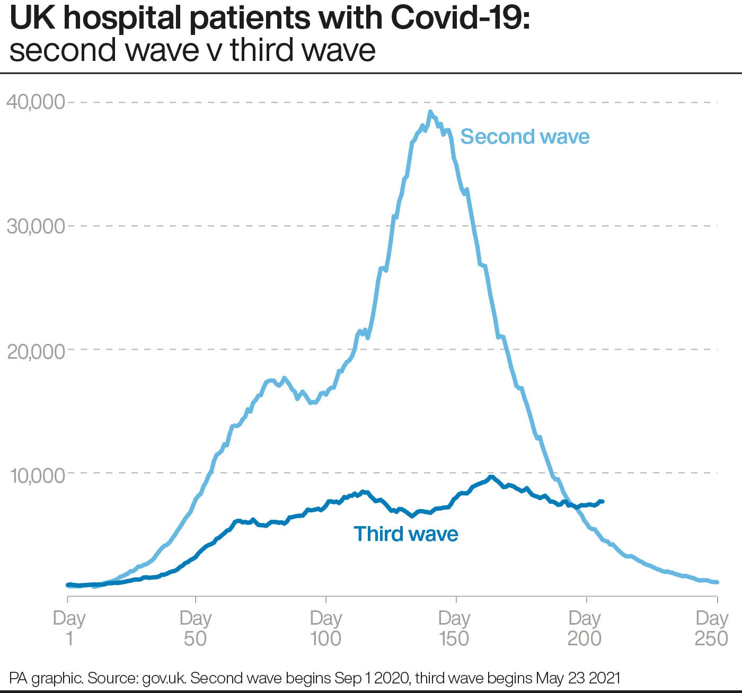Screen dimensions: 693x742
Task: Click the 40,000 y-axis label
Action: [35, 102]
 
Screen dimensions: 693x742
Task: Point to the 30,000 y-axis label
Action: [35, 226]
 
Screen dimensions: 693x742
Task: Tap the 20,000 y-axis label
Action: [35, 350]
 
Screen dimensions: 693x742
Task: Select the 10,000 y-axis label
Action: [37, 475]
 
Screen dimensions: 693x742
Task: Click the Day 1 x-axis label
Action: [69, 628]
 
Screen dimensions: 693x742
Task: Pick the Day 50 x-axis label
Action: [196, 628]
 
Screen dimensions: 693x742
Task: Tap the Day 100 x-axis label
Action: [325, 628]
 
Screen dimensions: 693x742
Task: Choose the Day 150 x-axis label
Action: [454, 628]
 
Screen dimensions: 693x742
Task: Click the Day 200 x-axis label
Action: [585, 628]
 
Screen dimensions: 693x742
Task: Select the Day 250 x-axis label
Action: [712, 628]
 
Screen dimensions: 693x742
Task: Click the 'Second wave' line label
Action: [525, 137]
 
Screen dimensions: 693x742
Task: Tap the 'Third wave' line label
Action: [405, 534]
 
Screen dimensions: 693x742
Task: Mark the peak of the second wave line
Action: [430, 112]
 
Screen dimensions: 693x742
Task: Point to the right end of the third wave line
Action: [603, 501]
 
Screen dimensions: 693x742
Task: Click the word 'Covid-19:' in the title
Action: [460, 19]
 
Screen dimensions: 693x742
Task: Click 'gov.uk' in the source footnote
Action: [164, 678]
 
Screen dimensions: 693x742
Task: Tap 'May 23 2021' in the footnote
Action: [578, 678]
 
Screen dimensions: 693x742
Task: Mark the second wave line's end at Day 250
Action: [717, 582]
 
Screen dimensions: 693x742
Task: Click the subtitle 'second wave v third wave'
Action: [192, 51]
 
